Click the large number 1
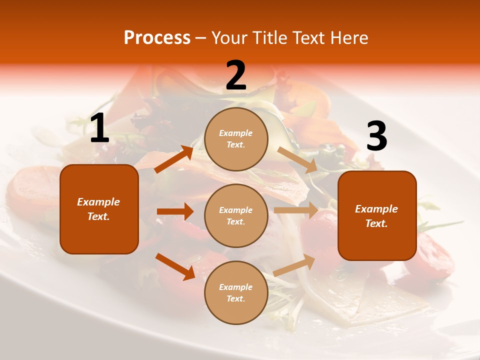coord(99,128)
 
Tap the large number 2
coord(236,75)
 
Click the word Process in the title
coord(157,37)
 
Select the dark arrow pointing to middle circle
coord(175,211)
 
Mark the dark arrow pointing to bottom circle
coord(175,266)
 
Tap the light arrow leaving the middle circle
coord(296,210)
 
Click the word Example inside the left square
coord(98,202)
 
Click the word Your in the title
coord(228,37)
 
